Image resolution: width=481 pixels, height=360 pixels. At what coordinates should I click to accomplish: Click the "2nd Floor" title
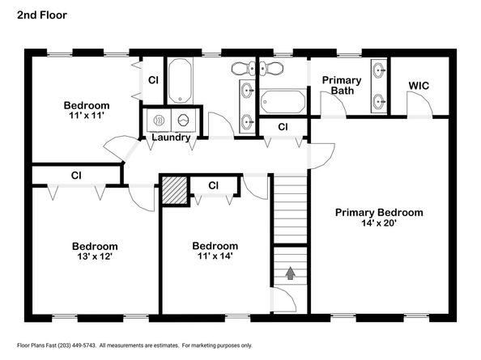pyautogui.click(x=42, y=15)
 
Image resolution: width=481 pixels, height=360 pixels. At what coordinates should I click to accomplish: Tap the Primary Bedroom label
pyautogui.click(x=379, y=213)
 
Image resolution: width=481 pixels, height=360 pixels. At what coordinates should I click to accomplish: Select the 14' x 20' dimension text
pyautogui.click(x=379, y=223)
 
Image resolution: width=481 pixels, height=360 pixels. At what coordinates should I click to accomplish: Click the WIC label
pyautogui.click(x=419, y=86)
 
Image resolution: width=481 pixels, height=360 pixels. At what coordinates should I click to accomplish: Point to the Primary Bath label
pyautogui.click(x=342, y=86)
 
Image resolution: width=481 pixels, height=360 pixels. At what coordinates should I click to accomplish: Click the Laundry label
pyautogui.click(x=171, y=138)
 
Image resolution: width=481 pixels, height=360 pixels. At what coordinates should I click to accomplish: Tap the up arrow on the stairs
pyautogui.click(x=290, y=273)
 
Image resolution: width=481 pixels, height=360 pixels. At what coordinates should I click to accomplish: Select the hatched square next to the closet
pyautogui.click(x=174, y=190)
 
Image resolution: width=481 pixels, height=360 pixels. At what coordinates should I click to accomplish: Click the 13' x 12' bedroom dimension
pyautogui.click(x=95, y=256)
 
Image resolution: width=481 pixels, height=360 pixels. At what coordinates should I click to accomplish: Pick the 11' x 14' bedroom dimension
pyautogui.click(x=215, y=256)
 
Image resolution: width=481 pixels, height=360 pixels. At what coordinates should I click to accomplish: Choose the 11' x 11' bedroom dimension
pyautogui.click(x=87, y=116)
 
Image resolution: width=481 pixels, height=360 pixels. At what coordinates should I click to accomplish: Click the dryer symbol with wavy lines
pyautogui.click(x=159, y=120)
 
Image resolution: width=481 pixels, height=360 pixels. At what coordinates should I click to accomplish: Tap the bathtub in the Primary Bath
pyautogui.click(x=283, y=102)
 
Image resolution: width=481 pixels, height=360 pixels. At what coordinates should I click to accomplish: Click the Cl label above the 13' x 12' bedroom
pyautogui.click(x=76, y=176)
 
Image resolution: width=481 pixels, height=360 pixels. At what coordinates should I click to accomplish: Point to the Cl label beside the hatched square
pyautogui.click(x=213, y=186)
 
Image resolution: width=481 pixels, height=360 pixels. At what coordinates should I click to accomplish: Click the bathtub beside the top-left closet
pyautogui.click(x=180, y=81)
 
